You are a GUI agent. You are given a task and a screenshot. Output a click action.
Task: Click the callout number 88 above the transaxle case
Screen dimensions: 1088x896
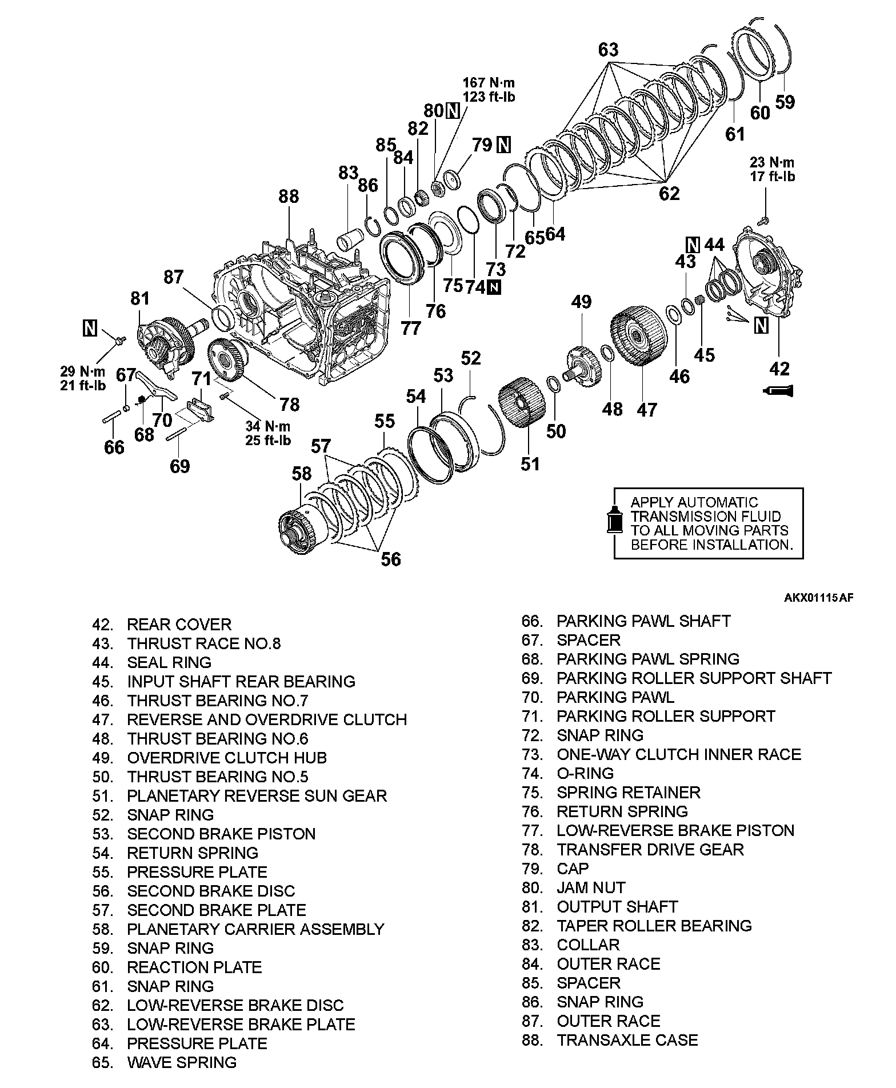(x=289, y=197)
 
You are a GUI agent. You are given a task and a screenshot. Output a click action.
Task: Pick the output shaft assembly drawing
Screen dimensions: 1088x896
(x=166, y=343)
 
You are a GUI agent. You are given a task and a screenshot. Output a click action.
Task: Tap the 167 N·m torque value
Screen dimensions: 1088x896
(x=489, y=83)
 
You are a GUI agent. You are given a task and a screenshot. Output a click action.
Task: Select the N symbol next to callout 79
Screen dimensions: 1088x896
(x=503, y=145)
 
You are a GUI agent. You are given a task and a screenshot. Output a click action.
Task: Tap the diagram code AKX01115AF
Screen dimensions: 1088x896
(x=818, y=598)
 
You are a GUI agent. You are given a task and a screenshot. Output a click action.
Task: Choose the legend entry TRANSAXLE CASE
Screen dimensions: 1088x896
(x=627, y=1040)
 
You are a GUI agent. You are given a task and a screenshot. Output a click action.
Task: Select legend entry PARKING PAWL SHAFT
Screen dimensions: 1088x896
(x=643, y=621)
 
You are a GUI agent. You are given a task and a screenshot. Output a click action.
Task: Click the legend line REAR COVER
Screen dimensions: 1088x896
(x=179, y=625)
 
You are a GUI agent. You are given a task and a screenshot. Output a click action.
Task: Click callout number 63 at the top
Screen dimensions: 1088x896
(x=609, y=50)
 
